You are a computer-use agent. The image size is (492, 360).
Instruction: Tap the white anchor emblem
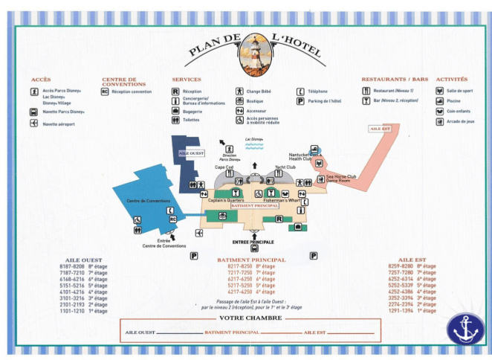[x=465, y=328]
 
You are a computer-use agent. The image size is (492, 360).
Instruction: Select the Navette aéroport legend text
[x=59, y=123]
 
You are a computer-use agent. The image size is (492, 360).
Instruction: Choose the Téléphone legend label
[x=317, y=91]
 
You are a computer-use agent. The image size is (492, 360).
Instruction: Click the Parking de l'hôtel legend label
[x=324, y=101]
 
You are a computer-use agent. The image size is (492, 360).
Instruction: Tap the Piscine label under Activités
[x=454, y=100]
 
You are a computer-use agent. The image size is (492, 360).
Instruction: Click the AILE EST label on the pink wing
[x=380, y=128]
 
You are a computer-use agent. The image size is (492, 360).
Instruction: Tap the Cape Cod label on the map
[x=224, y=167]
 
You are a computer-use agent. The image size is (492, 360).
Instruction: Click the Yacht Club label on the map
[x=285, y=167]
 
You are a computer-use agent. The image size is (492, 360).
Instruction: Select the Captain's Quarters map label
[x=226, y=201]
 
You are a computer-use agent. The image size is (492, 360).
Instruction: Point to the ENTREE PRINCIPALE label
[x=253, y=242]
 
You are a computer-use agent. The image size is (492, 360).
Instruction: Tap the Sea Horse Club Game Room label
[x=341, y=179]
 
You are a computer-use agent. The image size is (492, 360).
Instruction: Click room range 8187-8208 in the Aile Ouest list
[x=73, y=266]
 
